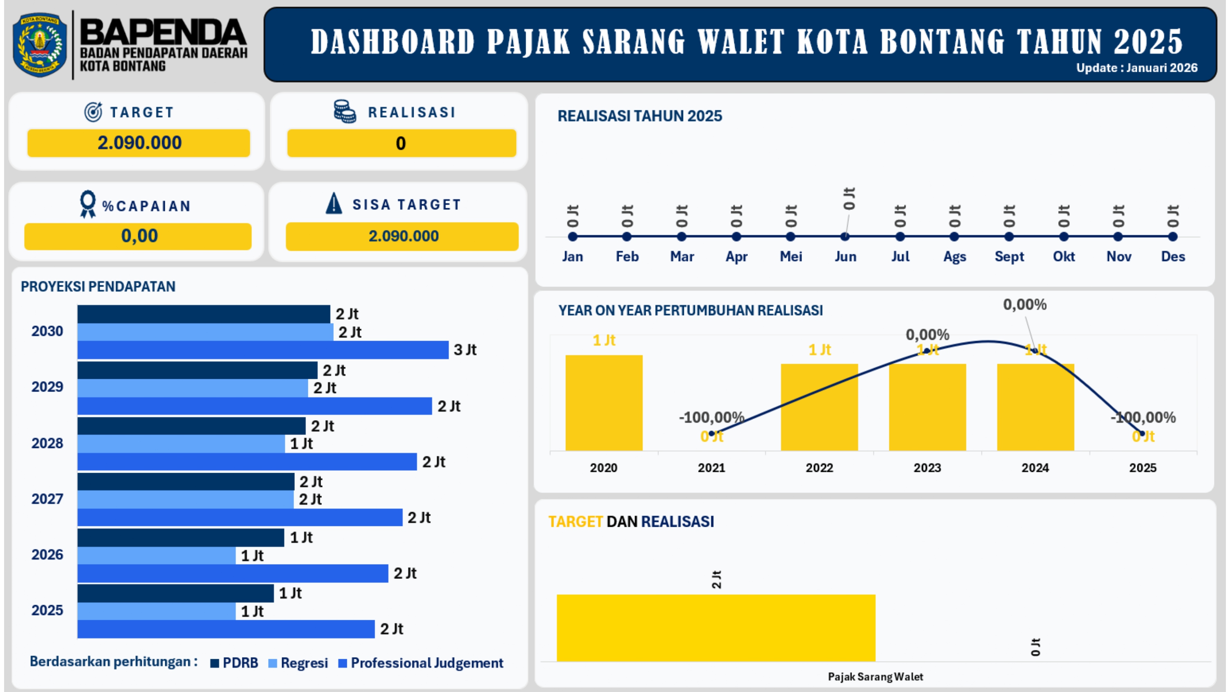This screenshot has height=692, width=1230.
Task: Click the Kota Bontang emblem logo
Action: (40, 45)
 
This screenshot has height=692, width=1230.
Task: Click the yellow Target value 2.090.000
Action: (139, 143)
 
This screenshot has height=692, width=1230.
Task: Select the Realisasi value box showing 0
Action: (401, 143)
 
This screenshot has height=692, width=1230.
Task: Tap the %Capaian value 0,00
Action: (139, 236)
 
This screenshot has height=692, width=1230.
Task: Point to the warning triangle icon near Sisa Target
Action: (334, 203)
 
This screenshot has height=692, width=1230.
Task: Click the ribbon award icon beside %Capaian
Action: (88, 205)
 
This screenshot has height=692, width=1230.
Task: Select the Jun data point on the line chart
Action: (845, 237)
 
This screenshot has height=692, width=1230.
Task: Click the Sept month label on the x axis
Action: (1009, 257)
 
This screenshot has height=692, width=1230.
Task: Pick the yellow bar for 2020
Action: (604, 402)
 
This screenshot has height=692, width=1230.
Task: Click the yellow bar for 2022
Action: (819, 407)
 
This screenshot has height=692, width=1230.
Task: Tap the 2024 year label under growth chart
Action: (1035, 467)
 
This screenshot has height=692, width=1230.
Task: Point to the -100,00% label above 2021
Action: (711, 417)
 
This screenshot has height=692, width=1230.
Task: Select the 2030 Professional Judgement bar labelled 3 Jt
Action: (263, 350)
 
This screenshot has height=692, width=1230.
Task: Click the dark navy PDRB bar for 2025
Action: (175, 593)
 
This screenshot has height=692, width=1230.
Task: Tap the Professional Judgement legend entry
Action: (421, 663)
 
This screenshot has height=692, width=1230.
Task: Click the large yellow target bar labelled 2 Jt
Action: (716, 628)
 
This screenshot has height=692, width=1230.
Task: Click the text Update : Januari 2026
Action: (1137, 68)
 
